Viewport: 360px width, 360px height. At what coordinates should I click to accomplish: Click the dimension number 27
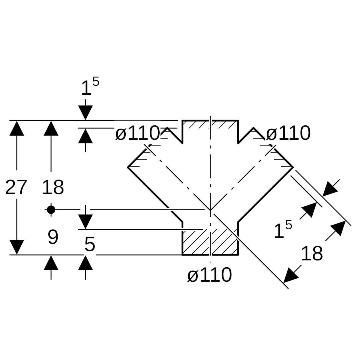(16, 187)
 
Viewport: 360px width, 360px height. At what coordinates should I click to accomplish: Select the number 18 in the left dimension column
(53, 187)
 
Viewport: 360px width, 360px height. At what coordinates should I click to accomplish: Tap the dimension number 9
(53, 237)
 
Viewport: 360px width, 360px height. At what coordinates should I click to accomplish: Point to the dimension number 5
(90, 245)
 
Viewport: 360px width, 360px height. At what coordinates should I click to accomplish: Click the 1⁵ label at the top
(90, 88)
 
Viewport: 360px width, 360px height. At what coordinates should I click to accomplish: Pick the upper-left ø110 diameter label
(137, 134)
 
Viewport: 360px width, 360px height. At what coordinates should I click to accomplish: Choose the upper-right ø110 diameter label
(288, 134)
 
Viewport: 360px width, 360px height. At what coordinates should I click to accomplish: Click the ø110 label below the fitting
(209, 275)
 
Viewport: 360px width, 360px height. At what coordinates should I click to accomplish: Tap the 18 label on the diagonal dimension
(312, 254)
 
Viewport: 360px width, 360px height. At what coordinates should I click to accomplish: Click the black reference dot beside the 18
(51, 210)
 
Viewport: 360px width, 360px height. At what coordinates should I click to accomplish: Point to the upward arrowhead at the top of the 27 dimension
(17, 128)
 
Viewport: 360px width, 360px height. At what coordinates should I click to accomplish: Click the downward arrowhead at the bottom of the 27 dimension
(17, 247)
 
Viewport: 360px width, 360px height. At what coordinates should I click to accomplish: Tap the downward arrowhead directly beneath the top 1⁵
(85, 112)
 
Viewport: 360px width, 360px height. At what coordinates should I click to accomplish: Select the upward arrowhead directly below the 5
(85, 263)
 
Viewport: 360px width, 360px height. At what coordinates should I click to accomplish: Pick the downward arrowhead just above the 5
(85, 222)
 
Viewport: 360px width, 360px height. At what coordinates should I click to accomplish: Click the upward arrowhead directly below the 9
(51, 263)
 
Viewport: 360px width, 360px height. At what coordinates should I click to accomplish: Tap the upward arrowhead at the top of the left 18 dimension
(51, 128)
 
